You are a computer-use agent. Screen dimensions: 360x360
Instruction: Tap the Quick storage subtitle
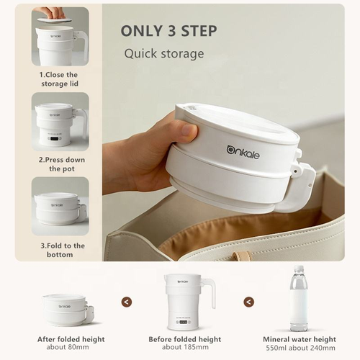pos(163,53)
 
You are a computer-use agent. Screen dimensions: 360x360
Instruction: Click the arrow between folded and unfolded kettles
pos(127,302)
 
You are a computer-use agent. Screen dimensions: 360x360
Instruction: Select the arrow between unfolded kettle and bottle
pos(248,302)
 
